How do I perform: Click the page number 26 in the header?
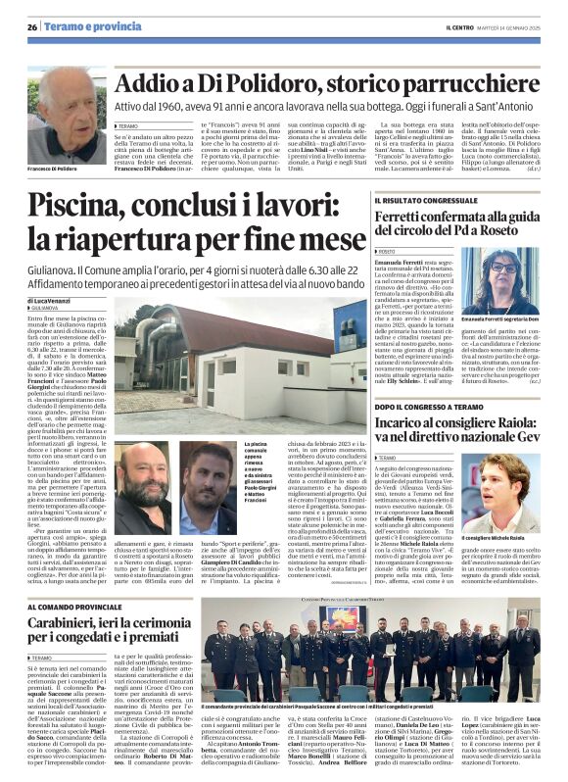pos(32,26)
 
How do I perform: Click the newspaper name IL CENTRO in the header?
pos(460,26)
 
